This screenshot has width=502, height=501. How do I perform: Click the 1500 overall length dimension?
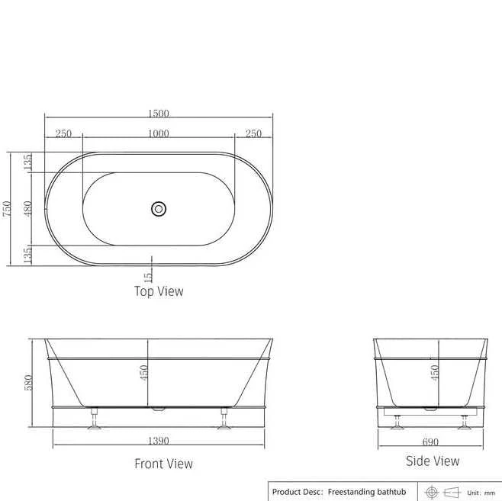click(158, 114)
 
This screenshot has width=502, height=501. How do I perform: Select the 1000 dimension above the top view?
click(158, 133)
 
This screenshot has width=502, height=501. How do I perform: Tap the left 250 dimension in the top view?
click(63, 133)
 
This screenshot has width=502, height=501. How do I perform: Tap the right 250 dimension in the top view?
click(253, 133)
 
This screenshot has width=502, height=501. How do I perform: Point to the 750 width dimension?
click(7, 210)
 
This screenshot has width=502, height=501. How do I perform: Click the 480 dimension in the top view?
click(27, 210)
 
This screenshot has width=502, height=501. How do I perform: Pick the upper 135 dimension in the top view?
click(27, 162)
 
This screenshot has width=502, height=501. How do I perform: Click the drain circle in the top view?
click(159, 208)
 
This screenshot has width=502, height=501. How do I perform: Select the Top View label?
click(159, 291)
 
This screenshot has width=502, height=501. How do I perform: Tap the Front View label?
click(163, 464)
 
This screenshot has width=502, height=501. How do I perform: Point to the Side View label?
click(433, 461)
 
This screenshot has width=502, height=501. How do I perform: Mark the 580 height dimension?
click(28, 383)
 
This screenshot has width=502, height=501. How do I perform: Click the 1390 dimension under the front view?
click(158, 441)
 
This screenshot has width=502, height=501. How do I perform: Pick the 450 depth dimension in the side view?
click(435, 372)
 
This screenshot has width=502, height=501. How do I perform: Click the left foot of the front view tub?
click(94, 420)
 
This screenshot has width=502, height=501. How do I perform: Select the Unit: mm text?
click(482, 493)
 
